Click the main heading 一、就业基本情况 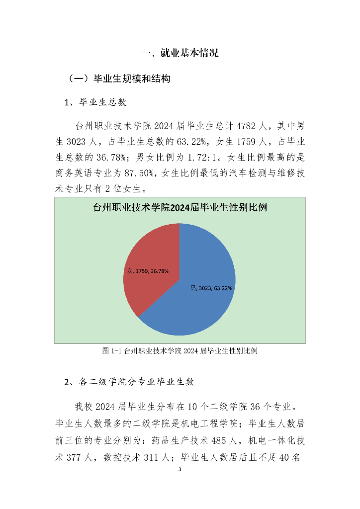180,54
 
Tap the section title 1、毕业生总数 95,102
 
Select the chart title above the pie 180,208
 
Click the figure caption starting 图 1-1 180,351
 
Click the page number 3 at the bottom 180,469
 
